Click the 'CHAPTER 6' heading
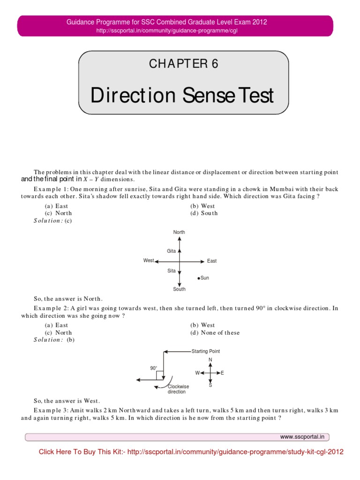[x=184, y=64]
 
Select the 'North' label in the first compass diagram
[x=179, y=232]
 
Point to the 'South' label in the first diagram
[x=179, y=289]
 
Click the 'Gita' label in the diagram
[x=171, y=251]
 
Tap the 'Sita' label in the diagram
[x=171, y=271]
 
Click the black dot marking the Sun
[x=199, y=278]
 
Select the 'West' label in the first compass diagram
[x=149, y=260]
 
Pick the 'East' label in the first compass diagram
[x=212, y=261]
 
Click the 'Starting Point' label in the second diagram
[x=206, y=351]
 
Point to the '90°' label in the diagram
[x=153, y=368]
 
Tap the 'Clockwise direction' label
[x=178, y=389]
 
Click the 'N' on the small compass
[x=210, y=360]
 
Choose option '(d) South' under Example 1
[x=204, y=213]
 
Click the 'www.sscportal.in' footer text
[x=303, y=437]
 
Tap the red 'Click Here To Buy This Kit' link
[x=191, y=452]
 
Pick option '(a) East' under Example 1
[x=56, y=206]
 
